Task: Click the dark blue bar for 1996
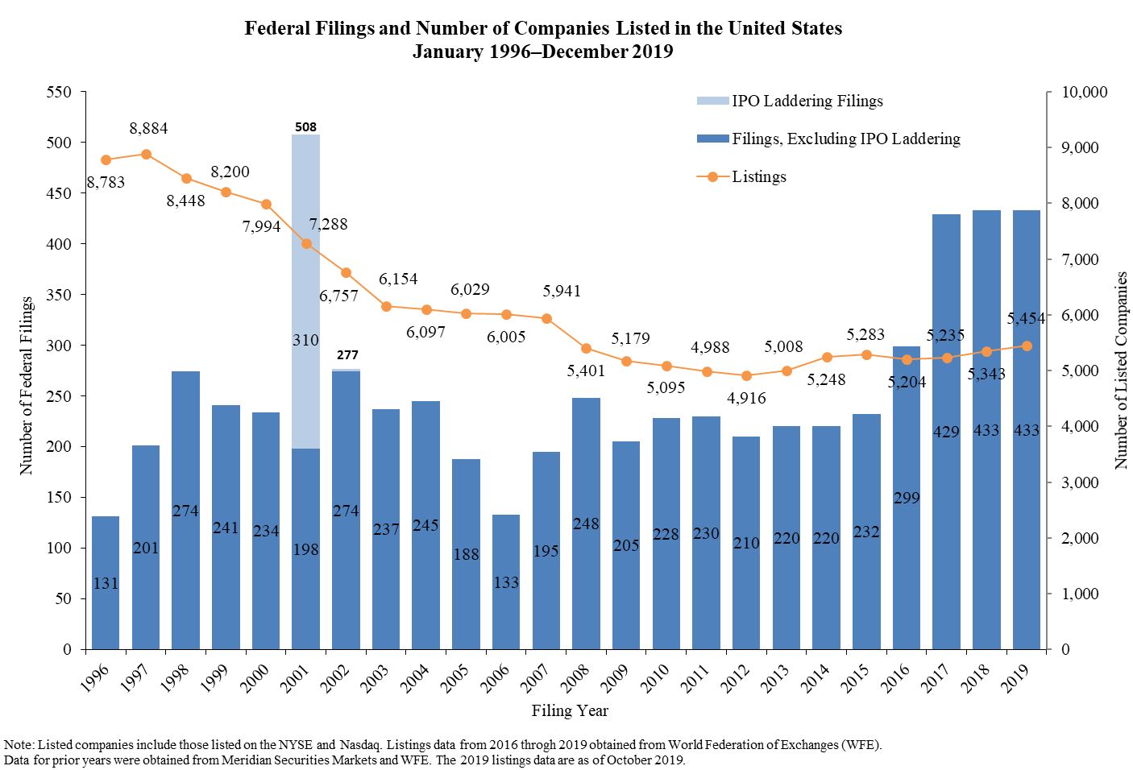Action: point(106,582)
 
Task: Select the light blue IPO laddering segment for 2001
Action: point(305,290)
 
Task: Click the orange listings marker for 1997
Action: point(146,154)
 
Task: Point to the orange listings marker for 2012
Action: point(746,375)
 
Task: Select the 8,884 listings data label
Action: point(148,129)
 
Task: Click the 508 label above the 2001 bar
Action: point(305,126)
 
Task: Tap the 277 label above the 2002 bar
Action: point(347,354)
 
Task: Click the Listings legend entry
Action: point(758,176)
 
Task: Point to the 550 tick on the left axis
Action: point(60,92)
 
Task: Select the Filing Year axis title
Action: point(570,710)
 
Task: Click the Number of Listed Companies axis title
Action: point(1121,371)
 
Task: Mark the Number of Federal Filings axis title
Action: point(27,385)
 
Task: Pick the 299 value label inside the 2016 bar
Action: point(907,498)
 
